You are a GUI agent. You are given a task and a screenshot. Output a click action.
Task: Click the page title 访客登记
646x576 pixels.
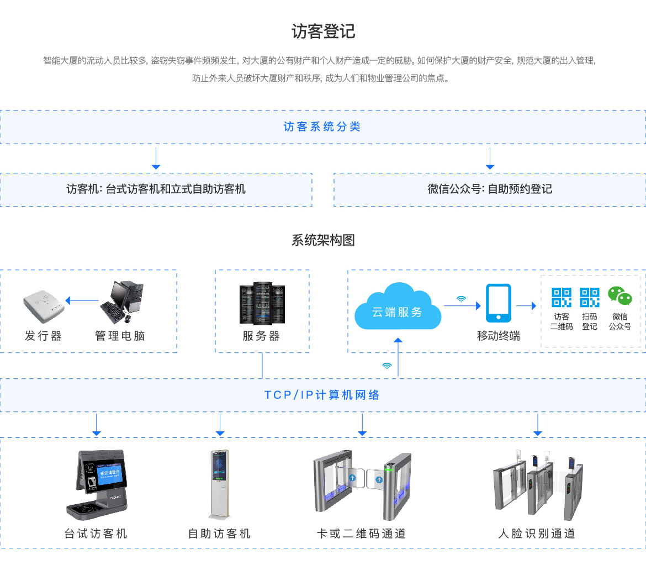pos(323,31)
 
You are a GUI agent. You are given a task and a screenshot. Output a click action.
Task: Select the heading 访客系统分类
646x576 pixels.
pos(322,127)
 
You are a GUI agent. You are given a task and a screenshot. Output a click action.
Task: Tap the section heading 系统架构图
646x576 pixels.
pos(323,240)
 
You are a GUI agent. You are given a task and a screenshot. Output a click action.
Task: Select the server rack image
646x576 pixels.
pos(262,303)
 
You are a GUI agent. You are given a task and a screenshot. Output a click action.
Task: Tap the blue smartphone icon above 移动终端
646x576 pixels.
pos(498,303)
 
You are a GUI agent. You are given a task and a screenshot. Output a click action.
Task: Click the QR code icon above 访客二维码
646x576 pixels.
pos(562,297)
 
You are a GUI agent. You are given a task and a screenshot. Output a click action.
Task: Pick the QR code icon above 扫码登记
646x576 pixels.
pos(590,297)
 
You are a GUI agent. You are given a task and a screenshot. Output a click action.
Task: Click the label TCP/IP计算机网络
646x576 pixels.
pos(322,395)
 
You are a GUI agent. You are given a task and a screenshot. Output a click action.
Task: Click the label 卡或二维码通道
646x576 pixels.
pos(361,533)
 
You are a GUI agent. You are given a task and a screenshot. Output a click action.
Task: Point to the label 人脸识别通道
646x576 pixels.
pos(537,533)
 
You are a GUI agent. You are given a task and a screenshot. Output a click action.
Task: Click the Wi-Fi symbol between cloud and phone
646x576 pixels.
pos(461,299)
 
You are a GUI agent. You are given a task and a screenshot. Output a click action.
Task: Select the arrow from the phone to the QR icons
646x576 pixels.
pos(526,305)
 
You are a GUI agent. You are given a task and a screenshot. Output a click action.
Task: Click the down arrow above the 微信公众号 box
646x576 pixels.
pos(490,158)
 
